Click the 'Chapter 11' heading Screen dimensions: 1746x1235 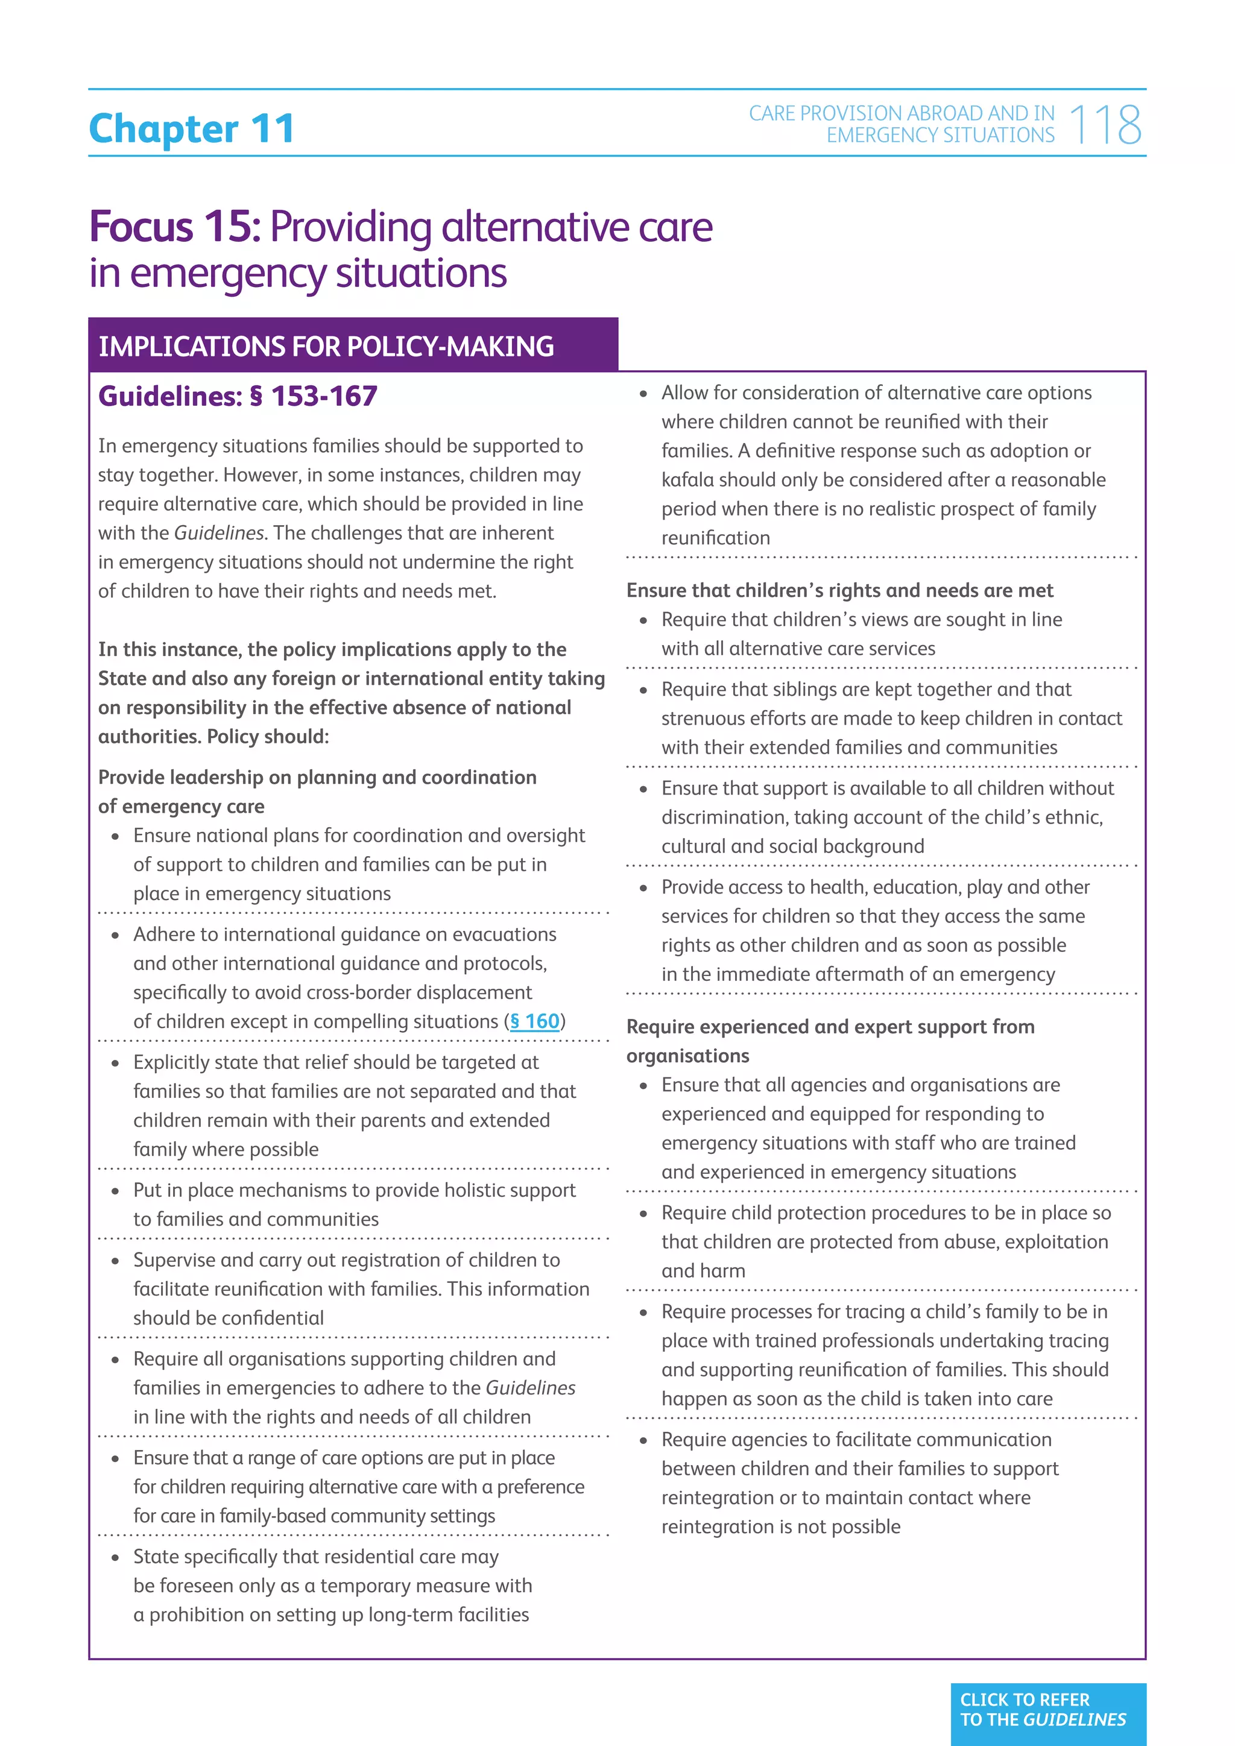192,128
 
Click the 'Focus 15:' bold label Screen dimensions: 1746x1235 175,227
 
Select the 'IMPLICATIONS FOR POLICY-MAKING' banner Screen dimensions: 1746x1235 326,347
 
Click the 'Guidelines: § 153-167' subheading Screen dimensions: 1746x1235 238,396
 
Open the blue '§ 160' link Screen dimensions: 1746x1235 535,1021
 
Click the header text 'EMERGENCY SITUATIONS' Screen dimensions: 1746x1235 941,136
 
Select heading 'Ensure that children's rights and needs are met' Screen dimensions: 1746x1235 839,590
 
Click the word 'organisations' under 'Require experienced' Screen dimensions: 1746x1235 687,1056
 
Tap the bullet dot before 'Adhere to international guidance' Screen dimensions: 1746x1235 116,935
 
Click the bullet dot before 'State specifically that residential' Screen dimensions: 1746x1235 116,1557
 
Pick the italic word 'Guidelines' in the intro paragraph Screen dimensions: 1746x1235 219,533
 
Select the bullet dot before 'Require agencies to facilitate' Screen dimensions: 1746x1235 643,1440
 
